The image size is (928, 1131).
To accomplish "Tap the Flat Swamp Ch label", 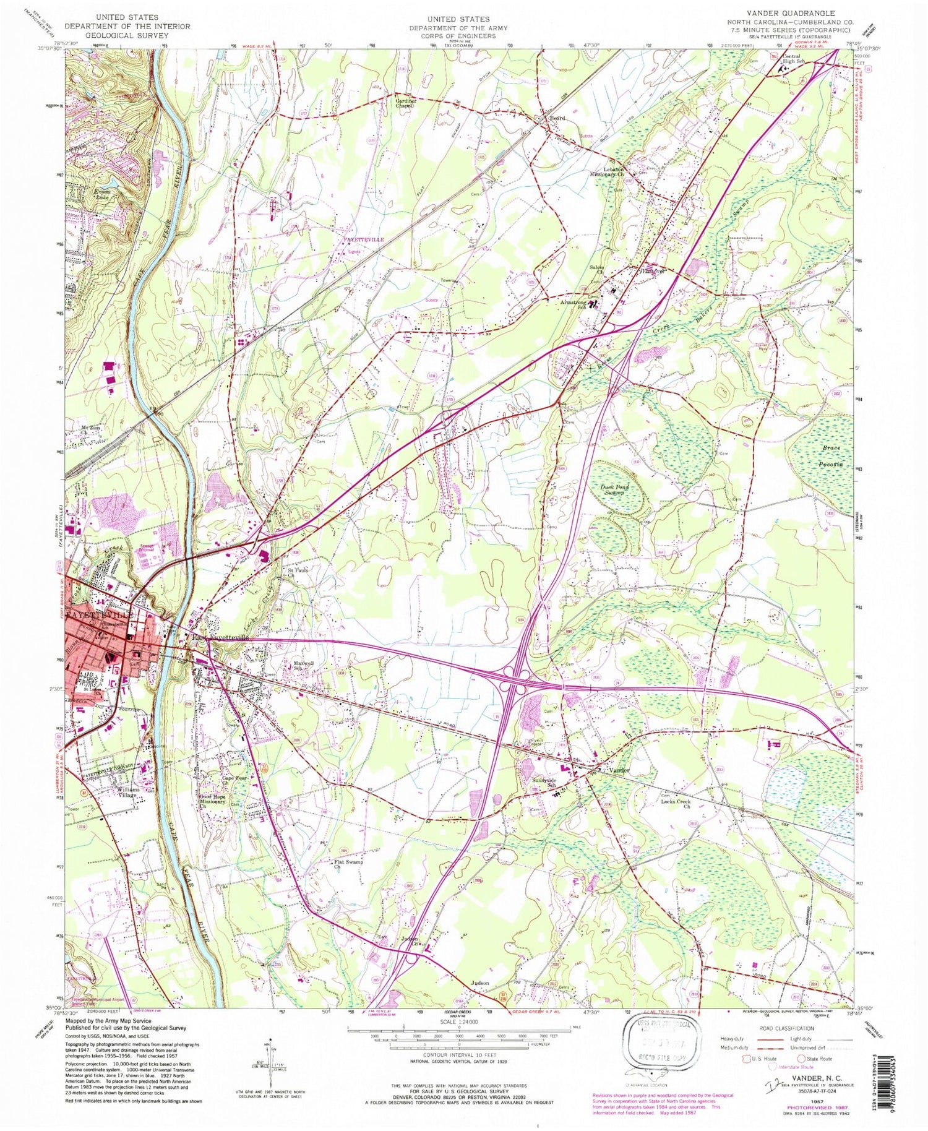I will tap(348, 864).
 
